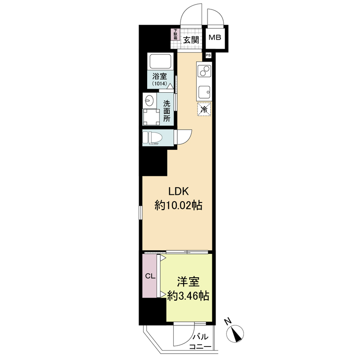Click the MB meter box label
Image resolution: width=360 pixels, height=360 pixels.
pyautogui.click(x=215, y=38)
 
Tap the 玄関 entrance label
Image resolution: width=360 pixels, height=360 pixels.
pyautogui.click(x=191, y=40)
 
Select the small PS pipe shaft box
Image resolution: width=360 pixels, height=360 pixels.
pyautogui.click(x=208, y=55)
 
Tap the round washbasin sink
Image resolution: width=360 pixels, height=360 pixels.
pyautogui.click(x=150, y=100)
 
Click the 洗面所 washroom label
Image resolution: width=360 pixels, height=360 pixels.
pyautogui.click(x=167, y=111)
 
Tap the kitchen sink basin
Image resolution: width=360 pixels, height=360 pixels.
pyautogui.click(x=204, y=91)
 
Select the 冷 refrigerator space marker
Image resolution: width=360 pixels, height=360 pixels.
pyautogui.click(x=204, y=109)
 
